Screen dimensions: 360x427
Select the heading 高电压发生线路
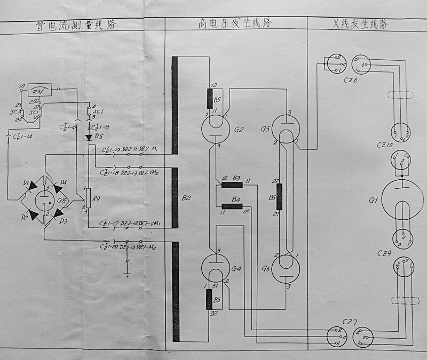point(235,23)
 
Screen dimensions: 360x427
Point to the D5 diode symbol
point(89,137)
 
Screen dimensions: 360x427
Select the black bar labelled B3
point(232,185)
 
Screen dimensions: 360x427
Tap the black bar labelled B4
point(232,205)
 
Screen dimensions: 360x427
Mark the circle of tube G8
point(42,199)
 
